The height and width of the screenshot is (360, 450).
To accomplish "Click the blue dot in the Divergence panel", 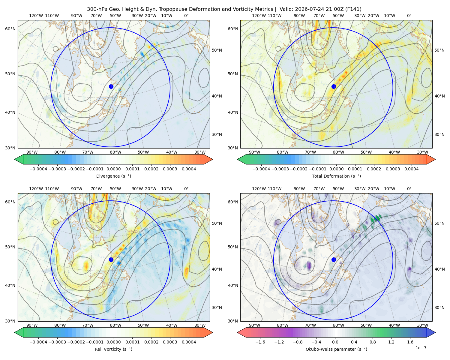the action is click(x=111, y=87).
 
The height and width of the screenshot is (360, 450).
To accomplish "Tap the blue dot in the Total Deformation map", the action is click(x=334, y=87).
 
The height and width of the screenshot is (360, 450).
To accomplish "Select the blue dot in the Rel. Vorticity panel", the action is click(x=111, y=259).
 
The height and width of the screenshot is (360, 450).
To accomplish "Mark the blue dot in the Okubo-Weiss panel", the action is click(x=334, y=259).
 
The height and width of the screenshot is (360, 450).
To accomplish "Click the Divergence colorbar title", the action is click(x=113, y=176).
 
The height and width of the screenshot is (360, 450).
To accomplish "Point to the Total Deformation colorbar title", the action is click(x=336, y=176).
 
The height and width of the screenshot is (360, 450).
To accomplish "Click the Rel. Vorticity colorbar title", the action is click(x=113, y=349).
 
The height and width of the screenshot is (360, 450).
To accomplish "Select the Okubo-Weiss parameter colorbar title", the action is click(x=336, y=349).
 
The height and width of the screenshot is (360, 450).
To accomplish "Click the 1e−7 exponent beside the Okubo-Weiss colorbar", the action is click(x=421, y=348).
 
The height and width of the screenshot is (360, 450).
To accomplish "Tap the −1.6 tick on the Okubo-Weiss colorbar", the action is click(x=260, y=342).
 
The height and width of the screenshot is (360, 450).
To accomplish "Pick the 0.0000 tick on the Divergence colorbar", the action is click(x=113, y=169).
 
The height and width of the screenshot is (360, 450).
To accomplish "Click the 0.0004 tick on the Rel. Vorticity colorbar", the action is click(x=189, y=342).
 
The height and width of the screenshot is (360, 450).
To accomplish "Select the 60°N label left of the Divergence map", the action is click(x=10, y=29).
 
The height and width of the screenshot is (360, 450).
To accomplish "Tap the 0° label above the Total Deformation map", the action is click(x=409, y=16).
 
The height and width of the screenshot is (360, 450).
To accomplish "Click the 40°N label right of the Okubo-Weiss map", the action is click(x=439, y=269).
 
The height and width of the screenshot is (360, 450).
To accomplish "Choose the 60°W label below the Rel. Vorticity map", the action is click(x=115, y=325).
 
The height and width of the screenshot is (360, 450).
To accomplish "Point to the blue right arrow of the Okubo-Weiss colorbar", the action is click(x=431, y=333).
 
